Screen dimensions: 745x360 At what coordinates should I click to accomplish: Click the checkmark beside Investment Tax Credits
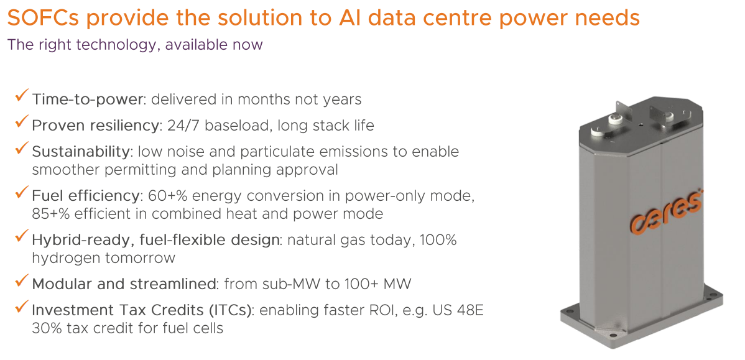click(x=21, y=307)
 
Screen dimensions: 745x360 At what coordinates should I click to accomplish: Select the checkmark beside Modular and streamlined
click(x=21, y=281)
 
